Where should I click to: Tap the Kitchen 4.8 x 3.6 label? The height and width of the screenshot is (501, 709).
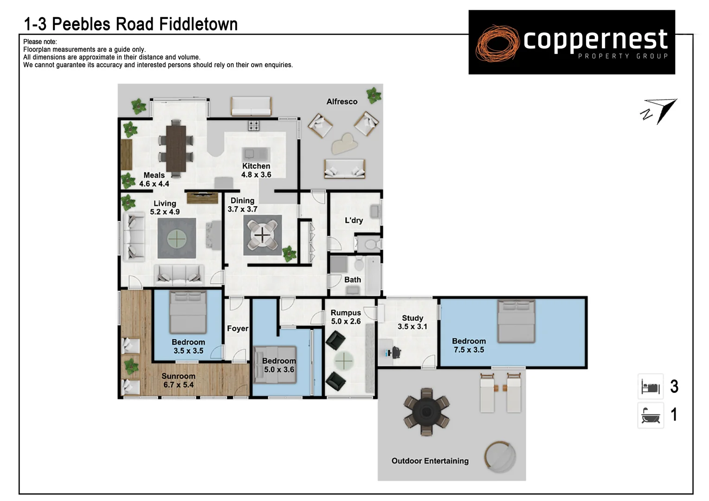click(x=256, y=170)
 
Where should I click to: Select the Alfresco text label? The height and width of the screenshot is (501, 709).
click(x=342, y=102)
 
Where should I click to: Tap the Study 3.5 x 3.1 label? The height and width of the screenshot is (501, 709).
click(x=412, y=322)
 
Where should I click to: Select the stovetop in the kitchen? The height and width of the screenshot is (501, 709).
click(x=253, y=125)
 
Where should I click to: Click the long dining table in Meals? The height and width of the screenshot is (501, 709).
click(x=176, y=148)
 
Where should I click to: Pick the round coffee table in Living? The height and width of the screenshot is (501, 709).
click(x=176, y=239)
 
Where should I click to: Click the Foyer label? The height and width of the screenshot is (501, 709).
click(x=238, y=328)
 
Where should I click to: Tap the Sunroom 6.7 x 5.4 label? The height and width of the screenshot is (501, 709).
click(x=178, y=380)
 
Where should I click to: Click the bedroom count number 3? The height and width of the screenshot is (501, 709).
click(x=674, y=386)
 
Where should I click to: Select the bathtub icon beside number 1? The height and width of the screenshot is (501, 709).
click(x=651, y=415)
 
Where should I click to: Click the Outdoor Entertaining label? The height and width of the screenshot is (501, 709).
click(x=430, y=461)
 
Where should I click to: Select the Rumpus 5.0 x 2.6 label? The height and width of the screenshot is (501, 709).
click(x=346, y=317)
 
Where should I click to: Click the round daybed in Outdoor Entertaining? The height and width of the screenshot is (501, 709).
click(x=500, y=457)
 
